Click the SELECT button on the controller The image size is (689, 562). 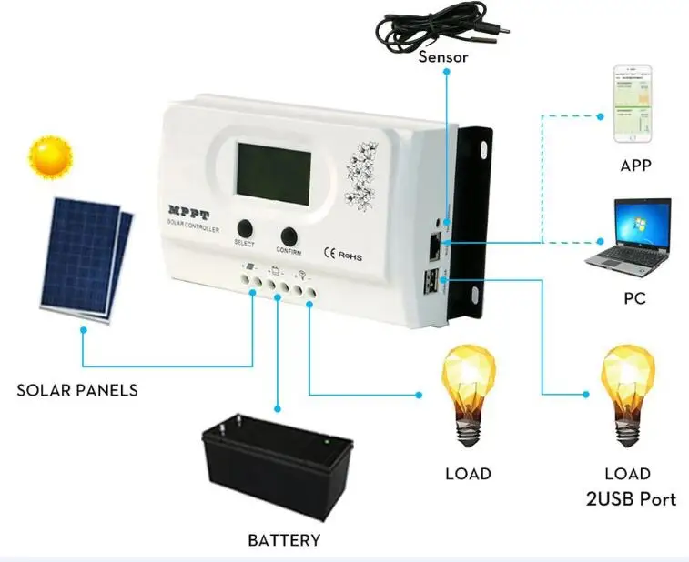tap(245, 228)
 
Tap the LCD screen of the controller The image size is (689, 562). tap(274, 174)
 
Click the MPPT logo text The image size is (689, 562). tap(189, 213)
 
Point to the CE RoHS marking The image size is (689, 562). tap(343, 255)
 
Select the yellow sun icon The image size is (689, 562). tap(51, 157)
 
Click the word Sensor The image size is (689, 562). tap(443, 57)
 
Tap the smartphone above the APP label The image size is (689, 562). tap(633, 104)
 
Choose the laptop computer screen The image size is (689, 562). tap(643, 224)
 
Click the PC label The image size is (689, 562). tap(635, 298)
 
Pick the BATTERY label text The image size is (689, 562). tap(284, 540)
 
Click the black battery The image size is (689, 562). tap(278, 466)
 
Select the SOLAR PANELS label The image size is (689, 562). tap(77, 390)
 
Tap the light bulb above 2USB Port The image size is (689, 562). tap(627, 396)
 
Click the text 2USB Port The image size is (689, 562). tap(631, 499)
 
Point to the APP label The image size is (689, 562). tap(635, 166)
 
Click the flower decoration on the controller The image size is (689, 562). tap(361, 176)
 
